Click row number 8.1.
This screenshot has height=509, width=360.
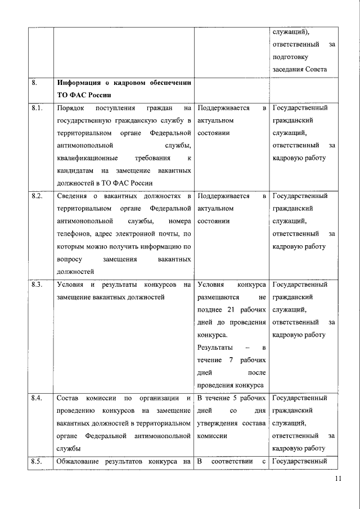38,108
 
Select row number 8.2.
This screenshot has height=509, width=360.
38,196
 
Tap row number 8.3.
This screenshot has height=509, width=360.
38,285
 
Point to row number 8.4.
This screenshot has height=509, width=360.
38,398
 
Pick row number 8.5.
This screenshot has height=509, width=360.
38,462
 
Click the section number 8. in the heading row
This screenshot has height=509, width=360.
35,82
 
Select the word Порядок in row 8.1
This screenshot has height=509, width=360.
72,108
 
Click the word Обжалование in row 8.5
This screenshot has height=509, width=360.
82,462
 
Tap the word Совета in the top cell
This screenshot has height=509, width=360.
314,70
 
